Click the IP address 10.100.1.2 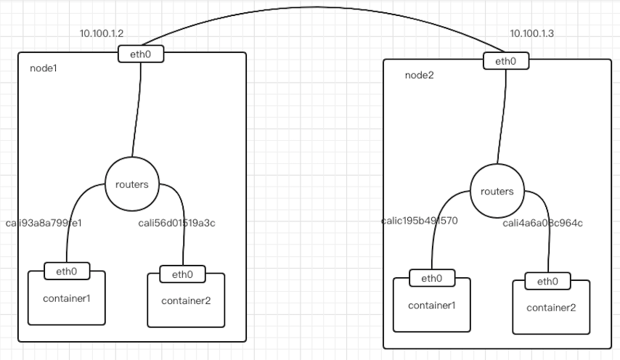coord(102,34)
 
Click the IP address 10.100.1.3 coord(531,33)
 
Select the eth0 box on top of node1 coord(141,53)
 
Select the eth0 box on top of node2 coord(506,61)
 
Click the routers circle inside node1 coord(131,184)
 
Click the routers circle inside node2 coord(497,192)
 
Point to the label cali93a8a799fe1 coord(44,224)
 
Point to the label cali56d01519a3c coord(176,224)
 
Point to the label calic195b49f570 coord(419,221)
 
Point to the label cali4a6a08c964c coord(542,223)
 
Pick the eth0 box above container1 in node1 coord(66,271)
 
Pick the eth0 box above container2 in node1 coord(182,274)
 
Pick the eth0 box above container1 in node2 coord(431,278)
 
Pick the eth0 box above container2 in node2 coord(547,282)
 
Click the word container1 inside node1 coord(66,298)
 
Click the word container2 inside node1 coord(185,300)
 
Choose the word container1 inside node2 coord(431,305)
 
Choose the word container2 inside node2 coord(551,308)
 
